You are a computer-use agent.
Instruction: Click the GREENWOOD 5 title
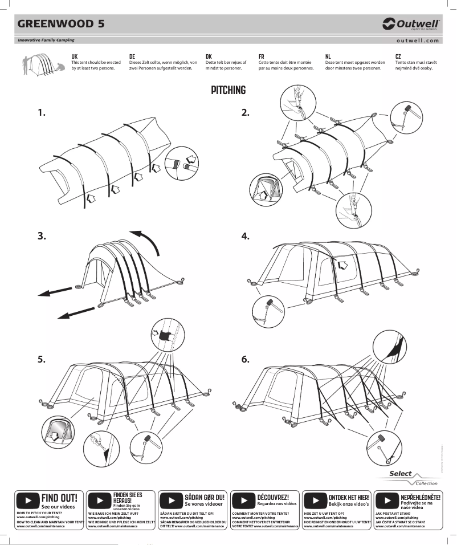click(x=60, y=24)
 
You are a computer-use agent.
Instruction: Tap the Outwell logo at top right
click(x=411, y=24)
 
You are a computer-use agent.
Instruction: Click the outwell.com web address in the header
click(x=418, y=40)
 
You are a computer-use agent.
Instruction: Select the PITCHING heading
click(x=228, y=90)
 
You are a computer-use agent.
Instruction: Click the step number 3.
click(x=42, y=235)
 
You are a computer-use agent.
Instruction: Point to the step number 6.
click(x=245, y=359)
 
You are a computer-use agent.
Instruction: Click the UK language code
click(x=74, y=56)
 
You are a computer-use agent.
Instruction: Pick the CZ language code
click(x=398, y=56)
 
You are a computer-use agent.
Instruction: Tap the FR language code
click(x=261, y=56)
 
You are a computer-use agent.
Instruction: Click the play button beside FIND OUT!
click(x=28, y=501)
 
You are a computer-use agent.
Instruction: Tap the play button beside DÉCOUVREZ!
click(x=244, y=501)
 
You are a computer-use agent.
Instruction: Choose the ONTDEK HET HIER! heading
click(x=349, y=497)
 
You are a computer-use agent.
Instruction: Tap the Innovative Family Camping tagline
click(x=46, y=40)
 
